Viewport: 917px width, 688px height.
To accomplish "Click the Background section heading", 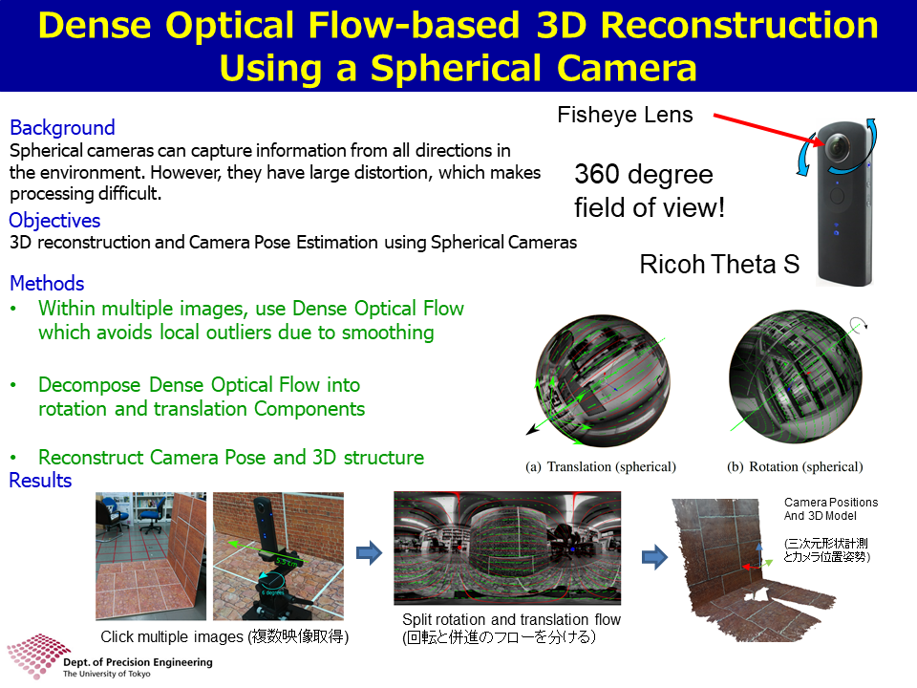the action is click(x=62, y=127).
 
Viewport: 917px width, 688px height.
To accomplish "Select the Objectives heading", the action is click(x=54, y=221).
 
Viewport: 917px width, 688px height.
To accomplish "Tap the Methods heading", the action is click(x=47, y=283).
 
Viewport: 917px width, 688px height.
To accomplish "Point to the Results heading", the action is click(x=40, y=481).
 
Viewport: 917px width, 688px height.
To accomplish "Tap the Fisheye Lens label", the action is click(x=625, y=115).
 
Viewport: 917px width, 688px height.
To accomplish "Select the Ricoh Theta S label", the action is click(x=719, y=265).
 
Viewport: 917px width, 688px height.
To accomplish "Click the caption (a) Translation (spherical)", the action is click(x=601, y=467).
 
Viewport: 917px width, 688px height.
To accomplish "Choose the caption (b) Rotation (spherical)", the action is click(x=795, y=467).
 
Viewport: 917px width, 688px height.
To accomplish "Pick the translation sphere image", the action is click(x=603, y=380).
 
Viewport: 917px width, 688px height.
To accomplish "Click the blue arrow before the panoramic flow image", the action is click(x=369, y=552).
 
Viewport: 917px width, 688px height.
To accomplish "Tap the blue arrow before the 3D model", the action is click(x=654, y=557).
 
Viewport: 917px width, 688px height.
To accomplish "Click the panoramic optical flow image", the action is click(x=507, y=548).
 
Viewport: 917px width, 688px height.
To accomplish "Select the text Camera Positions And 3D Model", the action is click(x=830, y=509).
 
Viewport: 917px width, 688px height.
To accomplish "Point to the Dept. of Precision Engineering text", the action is click(x=138, y=662).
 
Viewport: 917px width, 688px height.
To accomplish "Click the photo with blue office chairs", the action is click(x=151, y=556).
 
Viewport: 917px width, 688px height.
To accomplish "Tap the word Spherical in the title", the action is click(x=457, y=68).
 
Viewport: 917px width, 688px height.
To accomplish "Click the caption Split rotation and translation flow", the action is click(x=511, y=619).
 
